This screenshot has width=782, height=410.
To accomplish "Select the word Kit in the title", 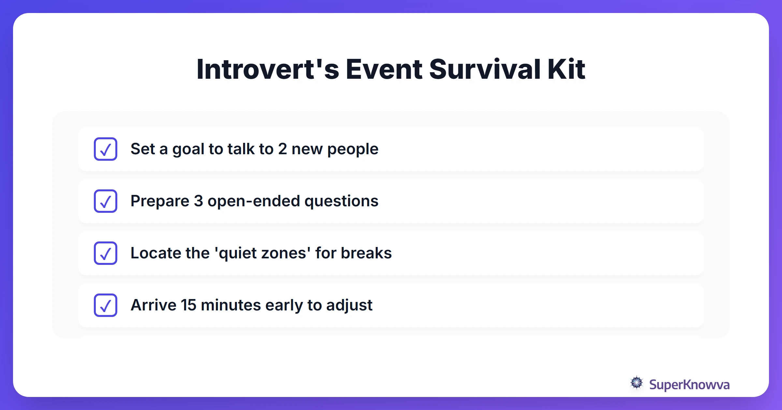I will click(x=566, y=69).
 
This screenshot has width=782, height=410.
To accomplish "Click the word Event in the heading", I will click(x=384, y=69).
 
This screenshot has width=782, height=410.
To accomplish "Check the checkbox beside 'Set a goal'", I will click(x=106, y=149).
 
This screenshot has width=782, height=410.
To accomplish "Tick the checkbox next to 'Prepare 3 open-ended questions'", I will click(x=106, y=201).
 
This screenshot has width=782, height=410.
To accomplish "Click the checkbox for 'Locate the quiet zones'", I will click(x=106, y=253).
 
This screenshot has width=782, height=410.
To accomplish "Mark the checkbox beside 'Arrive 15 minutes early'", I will click(x=106, y=305).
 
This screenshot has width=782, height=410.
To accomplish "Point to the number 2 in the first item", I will click(x=282, y=149).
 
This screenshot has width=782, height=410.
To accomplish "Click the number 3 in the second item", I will click(x=198, y=201).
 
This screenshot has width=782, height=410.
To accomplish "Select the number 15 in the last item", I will click(x=188, y=305).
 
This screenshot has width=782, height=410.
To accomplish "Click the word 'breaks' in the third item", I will click(x=366, y=253).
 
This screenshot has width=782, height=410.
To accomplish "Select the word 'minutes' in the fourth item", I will click(x=231, y=305).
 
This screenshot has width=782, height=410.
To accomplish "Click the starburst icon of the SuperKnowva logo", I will click(x=636, y=383).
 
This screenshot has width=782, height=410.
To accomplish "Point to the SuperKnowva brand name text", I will click(x=689, y=385).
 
